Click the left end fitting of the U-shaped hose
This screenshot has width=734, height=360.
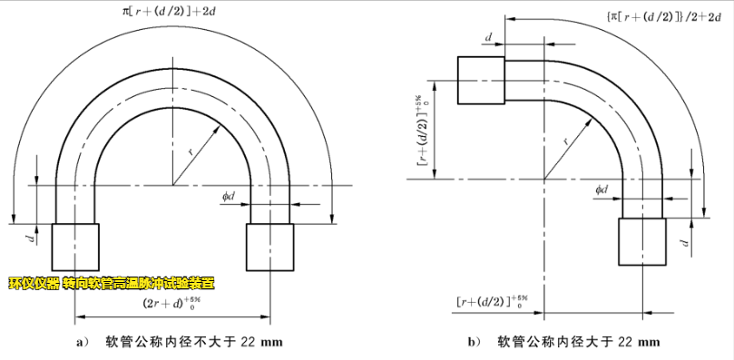(x=76, y=247)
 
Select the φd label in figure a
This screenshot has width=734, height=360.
(x=230, y=194)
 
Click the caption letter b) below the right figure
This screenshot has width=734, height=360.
(x=473, y=343)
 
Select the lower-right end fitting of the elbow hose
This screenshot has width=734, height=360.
(x=641, y=242)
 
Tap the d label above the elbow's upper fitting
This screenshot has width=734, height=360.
(x=489, y=37)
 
